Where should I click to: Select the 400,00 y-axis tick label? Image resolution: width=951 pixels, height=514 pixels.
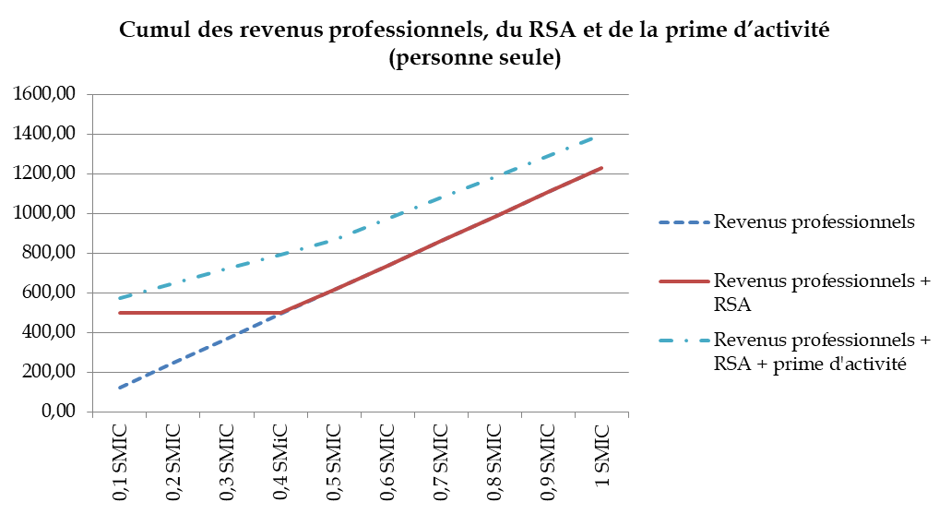pyautogui.click(x=47, y=332)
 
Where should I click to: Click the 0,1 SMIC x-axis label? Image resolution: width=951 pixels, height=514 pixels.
pyautogui.click(x=120, y=462)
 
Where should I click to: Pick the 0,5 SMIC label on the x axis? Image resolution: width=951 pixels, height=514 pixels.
pyautogui.click(x=334, y=462)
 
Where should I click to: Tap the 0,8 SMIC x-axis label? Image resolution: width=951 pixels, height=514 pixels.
pyautogui.click(x=494, y=462)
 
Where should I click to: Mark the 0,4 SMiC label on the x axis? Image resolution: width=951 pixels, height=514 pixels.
pyautogui.click(x=280, y=462)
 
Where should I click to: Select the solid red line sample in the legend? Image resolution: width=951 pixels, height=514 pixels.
pyautogui.click(x=684, y=281)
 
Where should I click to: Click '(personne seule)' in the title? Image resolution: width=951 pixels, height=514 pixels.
pyautogui.click(x=475, y=59)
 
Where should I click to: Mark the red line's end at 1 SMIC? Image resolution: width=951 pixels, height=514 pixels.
pyautogui.click(x=600, y=168)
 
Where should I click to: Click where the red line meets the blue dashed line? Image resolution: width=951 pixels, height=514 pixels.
pyautogui.click(x=280, y=313)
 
